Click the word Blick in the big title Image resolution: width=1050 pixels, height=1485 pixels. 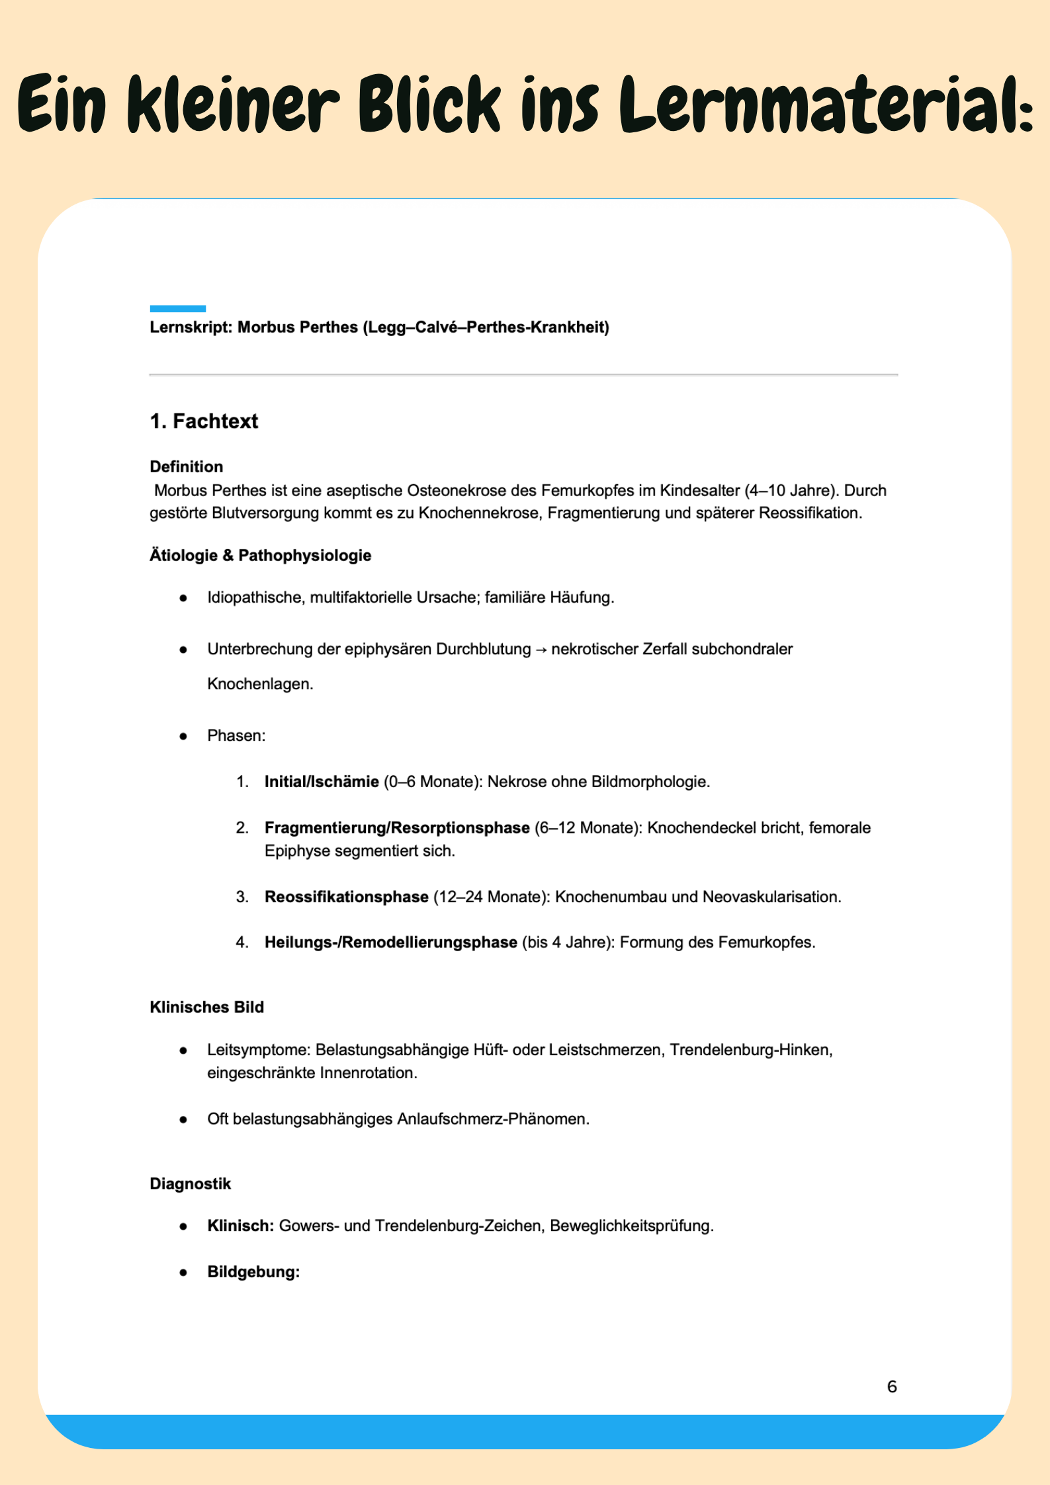pos(431,104)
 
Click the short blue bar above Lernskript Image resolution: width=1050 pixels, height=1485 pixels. pos(177,308)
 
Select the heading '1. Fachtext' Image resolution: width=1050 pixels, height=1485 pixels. pos(204,421)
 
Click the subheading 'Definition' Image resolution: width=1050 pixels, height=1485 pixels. pos(186,467)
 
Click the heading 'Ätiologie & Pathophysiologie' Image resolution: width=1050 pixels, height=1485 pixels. pos(260,556)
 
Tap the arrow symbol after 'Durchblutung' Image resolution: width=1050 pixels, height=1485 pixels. pos(541,650)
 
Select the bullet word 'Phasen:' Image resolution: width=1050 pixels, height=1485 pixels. pos(236,736)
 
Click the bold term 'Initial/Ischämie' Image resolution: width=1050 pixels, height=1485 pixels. pos(322,782)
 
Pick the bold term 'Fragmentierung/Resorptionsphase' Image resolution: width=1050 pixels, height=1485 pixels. pos(397,828)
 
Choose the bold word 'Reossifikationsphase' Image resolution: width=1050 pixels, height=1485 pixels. pos(346,897)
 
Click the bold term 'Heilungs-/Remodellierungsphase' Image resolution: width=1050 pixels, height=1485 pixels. pos(390,943)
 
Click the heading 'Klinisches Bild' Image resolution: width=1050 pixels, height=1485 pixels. pos(206,1007)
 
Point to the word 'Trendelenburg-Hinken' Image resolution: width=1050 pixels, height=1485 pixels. pos(750,1050)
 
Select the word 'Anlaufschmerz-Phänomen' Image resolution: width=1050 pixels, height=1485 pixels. pos(492,1119)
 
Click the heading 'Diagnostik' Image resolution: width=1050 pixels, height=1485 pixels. pos(190,1184)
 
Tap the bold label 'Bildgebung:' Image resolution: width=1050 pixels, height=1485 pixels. pos(253,1272)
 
